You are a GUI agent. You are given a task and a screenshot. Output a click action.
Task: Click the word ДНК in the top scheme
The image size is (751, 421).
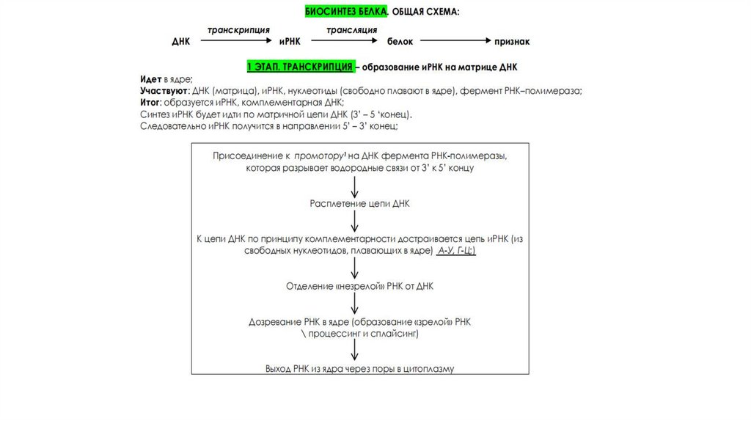[180, 43]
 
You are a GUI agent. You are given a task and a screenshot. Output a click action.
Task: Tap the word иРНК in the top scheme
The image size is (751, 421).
[290, 43]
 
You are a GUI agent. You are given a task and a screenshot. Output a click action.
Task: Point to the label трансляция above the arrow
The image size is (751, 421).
[352, 30]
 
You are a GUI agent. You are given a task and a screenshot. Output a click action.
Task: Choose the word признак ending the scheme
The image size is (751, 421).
[512, 43]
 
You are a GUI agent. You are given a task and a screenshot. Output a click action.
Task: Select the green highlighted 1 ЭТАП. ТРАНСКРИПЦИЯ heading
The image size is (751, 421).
[301, 67]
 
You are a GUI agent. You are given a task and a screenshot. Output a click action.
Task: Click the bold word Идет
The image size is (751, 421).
[150, 78]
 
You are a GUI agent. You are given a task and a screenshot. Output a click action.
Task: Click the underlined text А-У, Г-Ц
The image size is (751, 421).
[456, 251]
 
